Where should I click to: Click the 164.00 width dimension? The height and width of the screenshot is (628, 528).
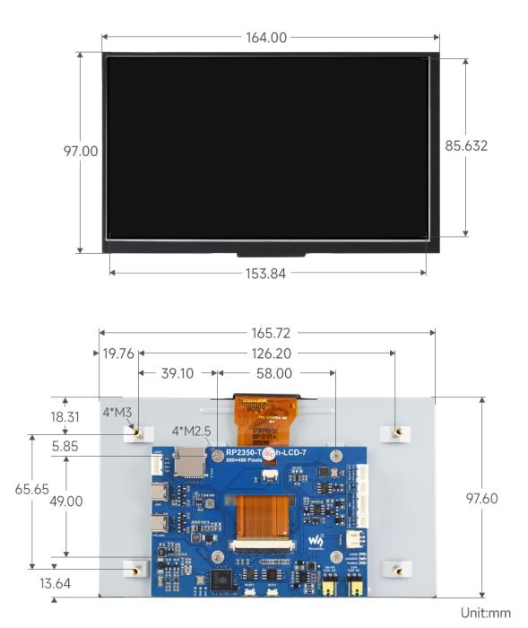click(x=266, y=38)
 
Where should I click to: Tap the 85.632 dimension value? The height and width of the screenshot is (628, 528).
click(x=466, y=145)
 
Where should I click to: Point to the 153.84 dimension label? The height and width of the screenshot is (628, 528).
click(x=265, y=274)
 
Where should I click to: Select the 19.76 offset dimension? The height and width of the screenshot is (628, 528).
click(x=117, y=353)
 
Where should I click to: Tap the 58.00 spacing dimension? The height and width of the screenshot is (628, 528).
click(x=273, y=373)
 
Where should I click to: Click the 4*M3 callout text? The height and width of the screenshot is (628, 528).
click(x=117, y=412)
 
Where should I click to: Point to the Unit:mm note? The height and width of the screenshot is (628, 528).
click(x=486, y=614)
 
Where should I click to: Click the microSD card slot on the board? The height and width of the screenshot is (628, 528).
click(x=189, y=460)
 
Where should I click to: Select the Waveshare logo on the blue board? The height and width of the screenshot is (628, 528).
click(x=317, y=541)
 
